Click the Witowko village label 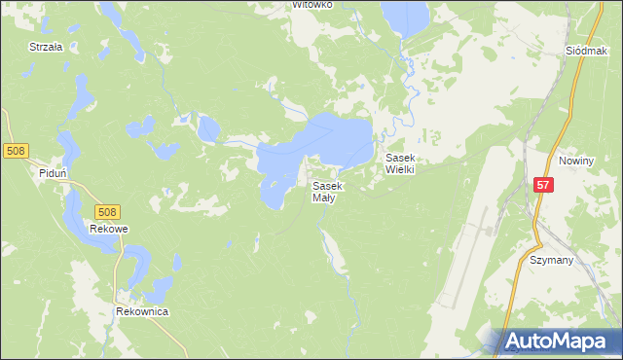(312, 5)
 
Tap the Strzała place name (46, 46)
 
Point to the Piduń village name (53, 173)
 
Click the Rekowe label (109, 229)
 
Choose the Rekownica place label (142, 311)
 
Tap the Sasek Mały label (326, 192)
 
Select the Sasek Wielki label (401, 162)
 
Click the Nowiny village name (576, 160)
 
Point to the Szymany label (551, 261)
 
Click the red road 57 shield (544, 184)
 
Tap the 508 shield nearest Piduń (15, 151)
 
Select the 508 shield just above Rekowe (108, 211)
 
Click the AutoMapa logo (561, 342)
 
